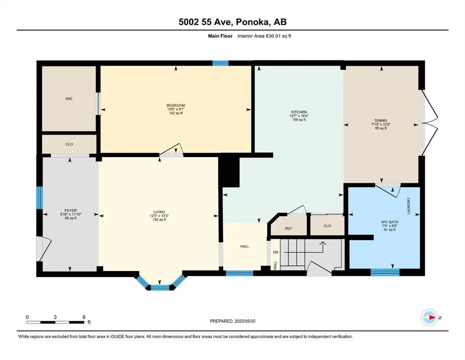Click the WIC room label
(69, 98)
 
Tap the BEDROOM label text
(176, 105)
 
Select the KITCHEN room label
(299, 112)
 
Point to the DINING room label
(381, 120)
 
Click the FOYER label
(71, 210)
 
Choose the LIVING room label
(159, 212)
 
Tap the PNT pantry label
(288, 229)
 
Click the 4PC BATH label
(390, 222)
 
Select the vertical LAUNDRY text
(409, 206)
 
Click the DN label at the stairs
(275, 252)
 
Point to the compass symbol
(429, 317)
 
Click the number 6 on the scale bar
(84, 317)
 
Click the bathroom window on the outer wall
(385, 272)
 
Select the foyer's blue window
(39, 198)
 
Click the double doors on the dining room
(428, 122)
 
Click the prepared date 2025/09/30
(245, 321)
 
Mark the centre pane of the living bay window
(160, 287)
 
